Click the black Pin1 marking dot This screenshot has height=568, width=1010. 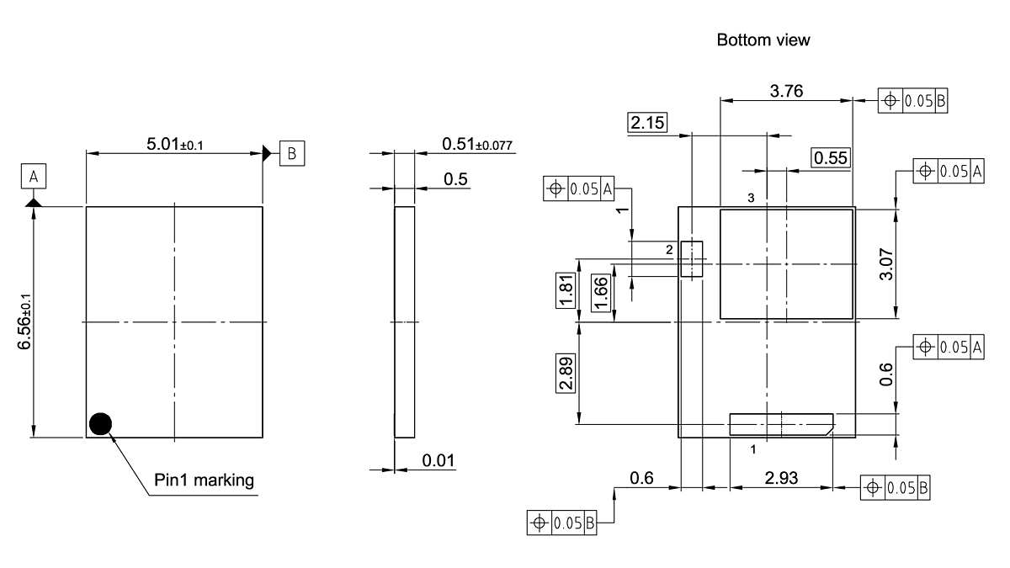101,423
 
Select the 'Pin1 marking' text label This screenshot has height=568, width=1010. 204,480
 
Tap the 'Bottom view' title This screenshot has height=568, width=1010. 763,40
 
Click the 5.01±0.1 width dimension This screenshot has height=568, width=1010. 175,144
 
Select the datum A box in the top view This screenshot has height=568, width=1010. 34,177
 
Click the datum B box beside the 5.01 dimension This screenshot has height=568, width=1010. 292,153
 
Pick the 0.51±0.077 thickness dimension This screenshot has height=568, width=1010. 477,145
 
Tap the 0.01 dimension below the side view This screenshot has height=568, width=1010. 439,460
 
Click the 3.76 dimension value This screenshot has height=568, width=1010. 787,92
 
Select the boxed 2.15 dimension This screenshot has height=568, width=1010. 646,123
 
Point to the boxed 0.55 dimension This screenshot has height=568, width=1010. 831,157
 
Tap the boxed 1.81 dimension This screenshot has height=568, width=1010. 566,291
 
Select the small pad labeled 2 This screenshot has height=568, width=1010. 691,259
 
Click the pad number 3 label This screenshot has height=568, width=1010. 751,197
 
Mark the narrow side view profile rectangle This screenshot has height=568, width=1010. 404,321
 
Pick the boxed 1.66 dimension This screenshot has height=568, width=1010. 601,293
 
